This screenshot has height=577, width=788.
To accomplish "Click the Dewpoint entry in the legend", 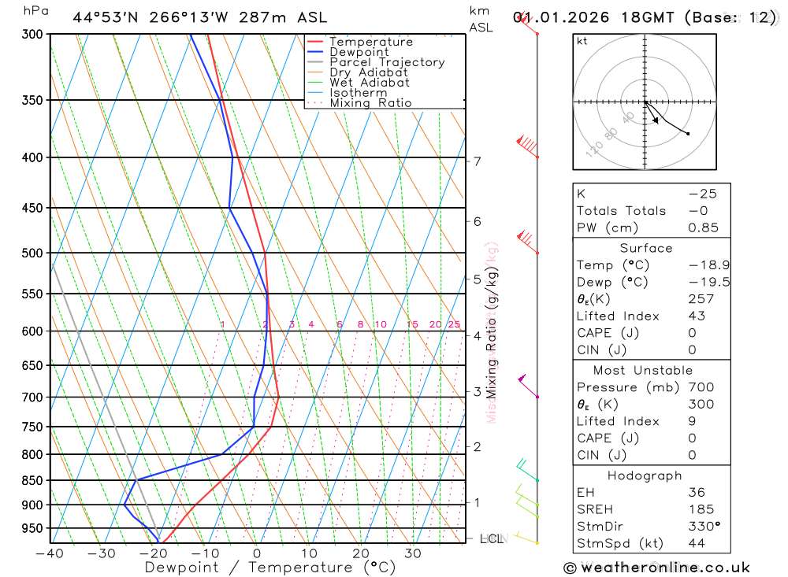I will point(359,52).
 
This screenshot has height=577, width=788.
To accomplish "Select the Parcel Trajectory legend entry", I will point(387,62).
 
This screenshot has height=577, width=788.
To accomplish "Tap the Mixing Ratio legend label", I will point(370,103).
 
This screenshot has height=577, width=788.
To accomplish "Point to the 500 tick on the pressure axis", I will point(32,253).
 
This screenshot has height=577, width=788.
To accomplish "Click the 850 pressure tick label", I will point(32,480).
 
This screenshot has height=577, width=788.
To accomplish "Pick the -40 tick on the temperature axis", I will point(50,553).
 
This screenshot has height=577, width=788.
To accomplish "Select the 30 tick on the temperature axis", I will point(413,553).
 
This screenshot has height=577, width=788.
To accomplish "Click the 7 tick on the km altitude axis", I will point(477,161).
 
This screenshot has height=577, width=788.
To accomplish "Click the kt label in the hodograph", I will point(582,41).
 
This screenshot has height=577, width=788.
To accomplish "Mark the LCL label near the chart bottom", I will point(491,539).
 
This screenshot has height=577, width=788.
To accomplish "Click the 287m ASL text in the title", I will point(281,17).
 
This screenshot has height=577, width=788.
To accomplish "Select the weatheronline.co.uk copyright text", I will point(656,568).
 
